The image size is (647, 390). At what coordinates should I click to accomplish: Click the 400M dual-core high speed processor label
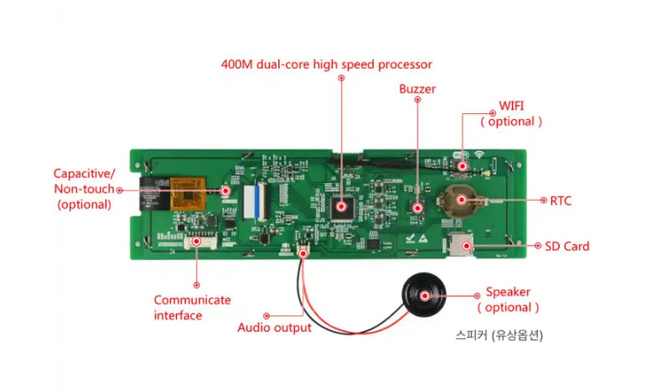326,64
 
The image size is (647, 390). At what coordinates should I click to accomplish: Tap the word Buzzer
417,89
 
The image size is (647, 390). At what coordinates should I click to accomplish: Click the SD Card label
567,246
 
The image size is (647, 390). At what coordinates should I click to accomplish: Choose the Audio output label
274,327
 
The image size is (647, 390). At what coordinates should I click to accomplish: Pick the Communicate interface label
192,307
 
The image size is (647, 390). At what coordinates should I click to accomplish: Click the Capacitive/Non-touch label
84,188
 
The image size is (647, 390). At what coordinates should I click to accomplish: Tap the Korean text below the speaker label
499,335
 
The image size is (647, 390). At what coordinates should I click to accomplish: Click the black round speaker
424,296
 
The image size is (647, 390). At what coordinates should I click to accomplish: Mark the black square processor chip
341,205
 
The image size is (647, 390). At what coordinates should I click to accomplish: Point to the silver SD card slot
461,245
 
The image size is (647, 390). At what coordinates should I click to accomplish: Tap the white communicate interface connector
198,242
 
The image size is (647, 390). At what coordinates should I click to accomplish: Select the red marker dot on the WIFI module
462,167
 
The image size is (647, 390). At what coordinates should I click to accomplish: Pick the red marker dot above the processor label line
341,78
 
